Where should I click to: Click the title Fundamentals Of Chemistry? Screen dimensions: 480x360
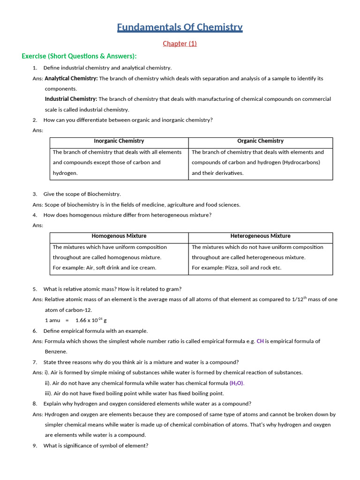click(x=180, y=27)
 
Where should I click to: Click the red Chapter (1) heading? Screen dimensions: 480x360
click(x=180, y=44)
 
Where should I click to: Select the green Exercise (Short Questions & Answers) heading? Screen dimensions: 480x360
click(x=79, y=56)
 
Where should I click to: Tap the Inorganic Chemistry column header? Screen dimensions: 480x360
click(x=119, y=141)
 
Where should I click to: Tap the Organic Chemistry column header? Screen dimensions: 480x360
click(x=260, y=141)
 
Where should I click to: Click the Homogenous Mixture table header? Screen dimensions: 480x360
click(x=119, y=236)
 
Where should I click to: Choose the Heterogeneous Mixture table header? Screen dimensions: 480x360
click(x=260, y=236)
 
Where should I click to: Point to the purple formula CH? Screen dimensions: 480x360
click(x=260, y=341)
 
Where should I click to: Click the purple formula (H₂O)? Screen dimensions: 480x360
click(x=237, y=383)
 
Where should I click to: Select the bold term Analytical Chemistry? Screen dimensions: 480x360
click(x=71, y=79)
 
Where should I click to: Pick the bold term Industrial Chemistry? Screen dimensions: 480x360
click(x=71, y=99)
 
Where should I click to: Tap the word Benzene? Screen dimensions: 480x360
click(x=56, y=352)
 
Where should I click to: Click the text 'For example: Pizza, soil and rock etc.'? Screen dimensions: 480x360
click(x=237, y=268)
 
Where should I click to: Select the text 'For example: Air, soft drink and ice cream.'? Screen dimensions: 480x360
click(x=105, y=268)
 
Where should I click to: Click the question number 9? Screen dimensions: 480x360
click(x=35, y=446)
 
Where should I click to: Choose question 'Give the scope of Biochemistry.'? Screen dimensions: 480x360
click(x=82, y=194)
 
